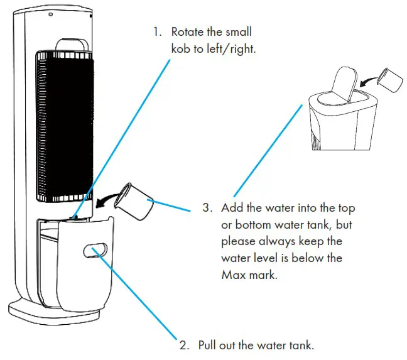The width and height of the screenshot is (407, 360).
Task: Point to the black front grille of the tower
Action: [65, 126]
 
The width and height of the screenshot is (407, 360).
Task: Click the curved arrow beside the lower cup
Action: [107, 199]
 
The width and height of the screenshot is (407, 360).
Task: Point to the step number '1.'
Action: [156, 32]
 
